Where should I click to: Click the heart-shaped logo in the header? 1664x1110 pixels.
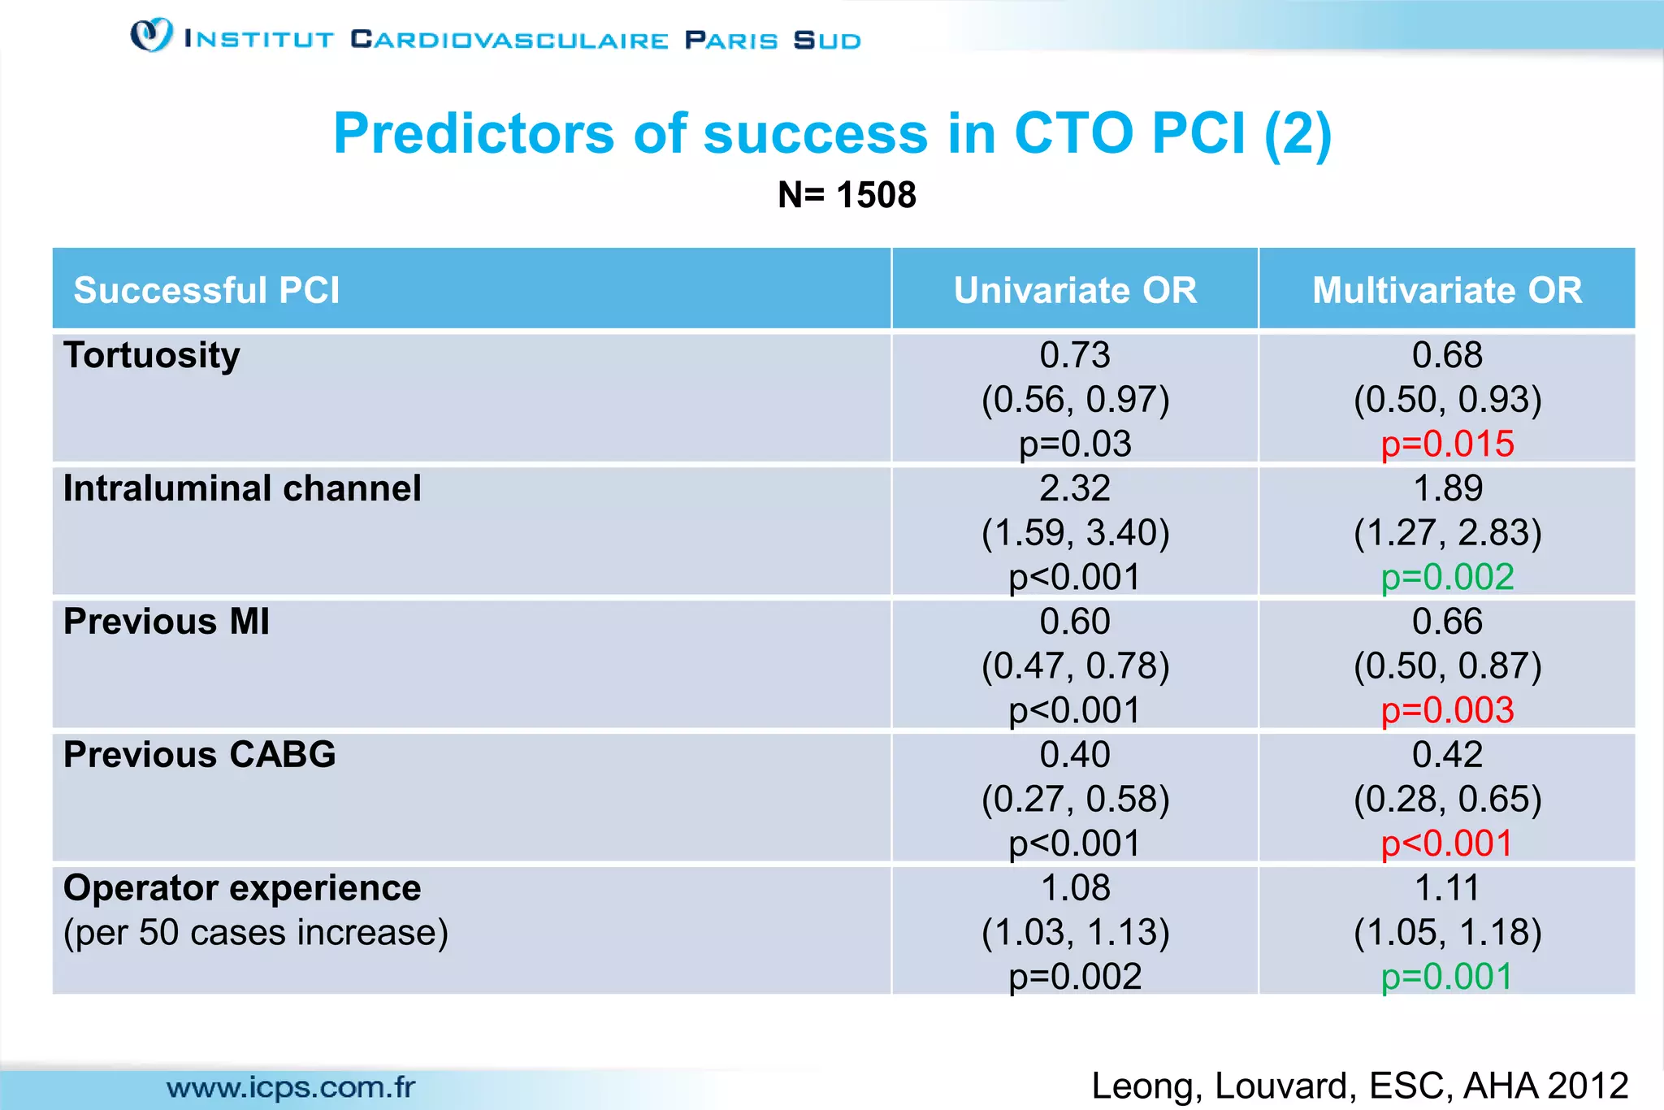(x=151, y=36)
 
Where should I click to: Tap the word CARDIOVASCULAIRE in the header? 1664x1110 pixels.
(x=509, y=40)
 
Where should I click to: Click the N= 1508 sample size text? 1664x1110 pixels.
(x=847, y=195)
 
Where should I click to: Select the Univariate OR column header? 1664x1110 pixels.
(x=1075, y=290)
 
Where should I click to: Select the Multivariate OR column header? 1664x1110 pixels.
(x=1447, y=290)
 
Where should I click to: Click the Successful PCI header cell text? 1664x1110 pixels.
(x=206, y=290)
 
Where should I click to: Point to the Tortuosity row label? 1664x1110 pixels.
(x=152, y=355)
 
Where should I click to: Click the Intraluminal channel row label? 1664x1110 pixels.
(x=242, y=488)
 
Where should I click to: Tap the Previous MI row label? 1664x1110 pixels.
(x=167, y=622)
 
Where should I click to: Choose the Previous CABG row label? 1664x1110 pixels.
(x=200, y=755)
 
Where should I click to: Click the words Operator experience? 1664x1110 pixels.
(x=242, y=888)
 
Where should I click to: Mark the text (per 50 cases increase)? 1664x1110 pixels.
(x=256, y=933)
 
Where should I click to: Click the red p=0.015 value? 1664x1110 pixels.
(x=1447, y=444)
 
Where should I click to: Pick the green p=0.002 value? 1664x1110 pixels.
(x=1447, y=578)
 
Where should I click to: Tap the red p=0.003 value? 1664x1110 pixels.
(x=1447, y=711)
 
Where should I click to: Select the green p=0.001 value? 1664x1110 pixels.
(x=1447, y=977)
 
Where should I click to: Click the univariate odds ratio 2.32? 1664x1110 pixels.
(x=1075, y=488)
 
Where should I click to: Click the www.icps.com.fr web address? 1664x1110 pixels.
(x=291, y=1087)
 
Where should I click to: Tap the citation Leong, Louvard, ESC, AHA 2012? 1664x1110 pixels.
(x=1359, y=1086)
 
